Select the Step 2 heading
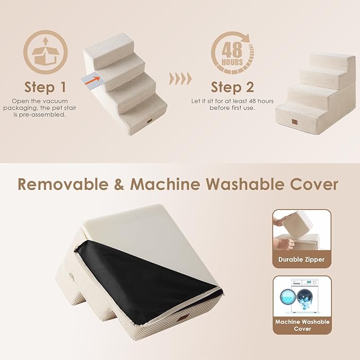click(x=233, y=86)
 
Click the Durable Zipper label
click(x=302, y=260)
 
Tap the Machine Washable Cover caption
click(x=302, y=325)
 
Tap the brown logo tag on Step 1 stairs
click(x=148, y=126)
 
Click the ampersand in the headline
click(x=120, y=185)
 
